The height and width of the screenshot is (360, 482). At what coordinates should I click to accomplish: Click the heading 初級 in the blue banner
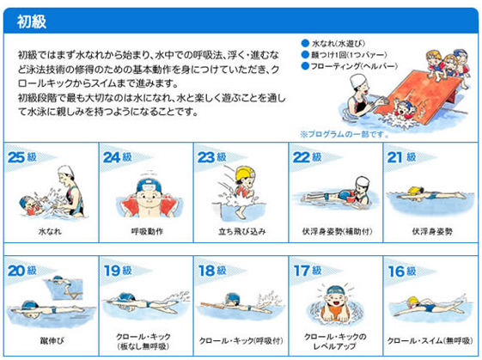click(32, 21)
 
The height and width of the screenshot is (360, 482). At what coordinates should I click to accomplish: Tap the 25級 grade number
click(22, 157)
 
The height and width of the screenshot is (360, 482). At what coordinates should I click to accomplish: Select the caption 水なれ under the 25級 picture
click(50, 231)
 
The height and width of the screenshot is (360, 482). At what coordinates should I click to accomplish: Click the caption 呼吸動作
click(147, 231)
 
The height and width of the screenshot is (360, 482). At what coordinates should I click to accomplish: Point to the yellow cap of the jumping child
click(245, 174)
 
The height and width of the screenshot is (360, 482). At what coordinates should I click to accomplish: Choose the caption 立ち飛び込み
click(242, 231)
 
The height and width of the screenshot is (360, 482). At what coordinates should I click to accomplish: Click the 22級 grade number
click(307, 157)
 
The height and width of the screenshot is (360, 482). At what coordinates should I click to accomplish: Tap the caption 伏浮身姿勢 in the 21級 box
click(432, 231)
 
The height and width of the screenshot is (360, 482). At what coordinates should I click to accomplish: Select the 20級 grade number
click(22, 271)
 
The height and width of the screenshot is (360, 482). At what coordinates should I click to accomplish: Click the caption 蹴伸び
click(52, 340)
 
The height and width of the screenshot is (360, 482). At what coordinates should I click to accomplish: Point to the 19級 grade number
click(118, 271)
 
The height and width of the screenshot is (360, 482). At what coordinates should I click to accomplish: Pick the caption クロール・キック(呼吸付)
click(241, 340)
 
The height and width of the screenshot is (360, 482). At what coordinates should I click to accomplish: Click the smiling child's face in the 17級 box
click(335, 301)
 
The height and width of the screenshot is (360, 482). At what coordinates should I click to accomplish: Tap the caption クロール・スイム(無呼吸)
click(430, 340)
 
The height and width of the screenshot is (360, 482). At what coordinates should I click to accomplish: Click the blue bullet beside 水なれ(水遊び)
click(305, 43)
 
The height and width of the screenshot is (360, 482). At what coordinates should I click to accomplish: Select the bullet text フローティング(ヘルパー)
click(354, 66)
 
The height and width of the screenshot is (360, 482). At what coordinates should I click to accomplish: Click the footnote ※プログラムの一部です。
click(345, 134)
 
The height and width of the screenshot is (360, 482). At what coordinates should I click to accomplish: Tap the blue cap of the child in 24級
click(149, 185)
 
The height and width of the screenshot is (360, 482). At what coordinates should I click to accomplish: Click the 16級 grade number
click(402, 271)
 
